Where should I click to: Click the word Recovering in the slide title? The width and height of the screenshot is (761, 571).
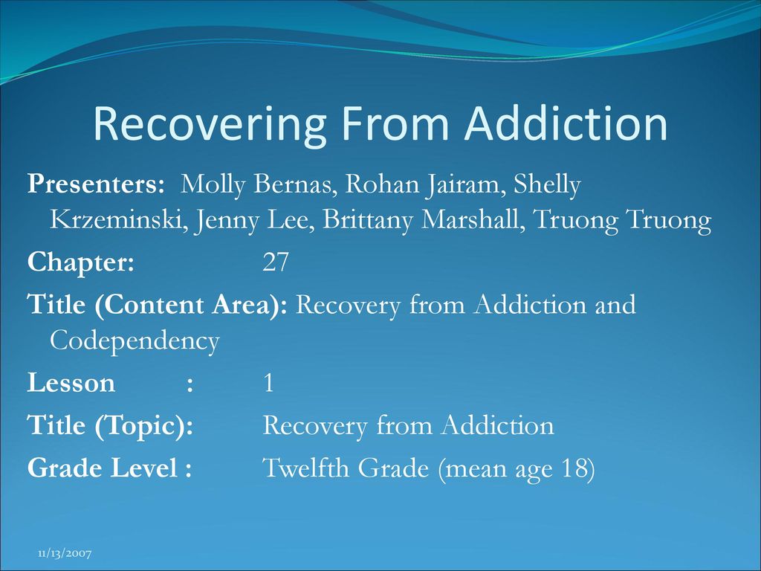click(209, 125)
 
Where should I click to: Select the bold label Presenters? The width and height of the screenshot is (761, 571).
click(96, 184)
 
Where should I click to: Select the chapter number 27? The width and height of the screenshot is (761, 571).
click(275, 262)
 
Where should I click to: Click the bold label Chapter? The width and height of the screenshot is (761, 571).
click(80, 263)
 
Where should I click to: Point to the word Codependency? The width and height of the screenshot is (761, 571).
click(135, 341)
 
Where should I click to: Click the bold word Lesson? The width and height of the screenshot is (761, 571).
click(71, 383)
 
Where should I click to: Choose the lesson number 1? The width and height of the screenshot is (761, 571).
click(268, 383)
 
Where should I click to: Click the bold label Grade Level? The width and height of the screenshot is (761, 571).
click(103, 468)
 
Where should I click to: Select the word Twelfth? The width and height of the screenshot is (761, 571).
click(305, 468)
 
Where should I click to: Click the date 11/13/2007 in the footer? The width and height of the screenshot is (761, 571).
click(65, 553)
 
